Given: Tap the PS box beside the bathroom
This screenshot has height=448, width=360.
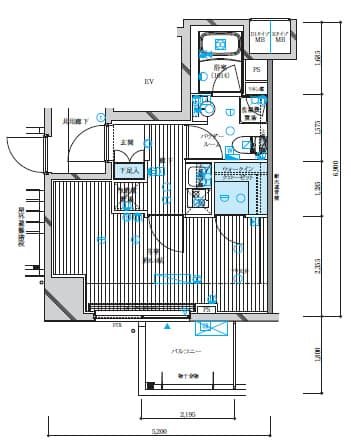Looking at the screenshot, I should [256, 70].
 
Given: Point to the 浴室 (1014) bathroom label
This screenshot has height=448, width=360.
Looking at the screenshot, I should [221, 71].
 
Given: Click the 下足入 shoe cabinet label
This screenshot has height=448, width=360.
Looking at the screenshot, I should [128, 171].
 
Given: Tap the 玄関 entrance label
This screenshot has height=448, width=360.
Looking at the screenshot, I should [127, 143].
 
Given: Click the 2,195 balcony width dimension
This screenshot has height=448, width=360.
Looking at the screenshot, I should [187, 413].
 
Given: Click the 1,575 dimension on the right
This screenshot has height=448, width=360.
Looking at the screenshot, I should [317, 127].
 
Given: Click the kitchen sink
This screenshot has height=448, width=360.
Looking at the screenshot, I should [197, 178].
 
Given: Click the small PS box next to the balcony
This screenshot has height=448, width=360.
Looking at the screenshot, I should [207, 310].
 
